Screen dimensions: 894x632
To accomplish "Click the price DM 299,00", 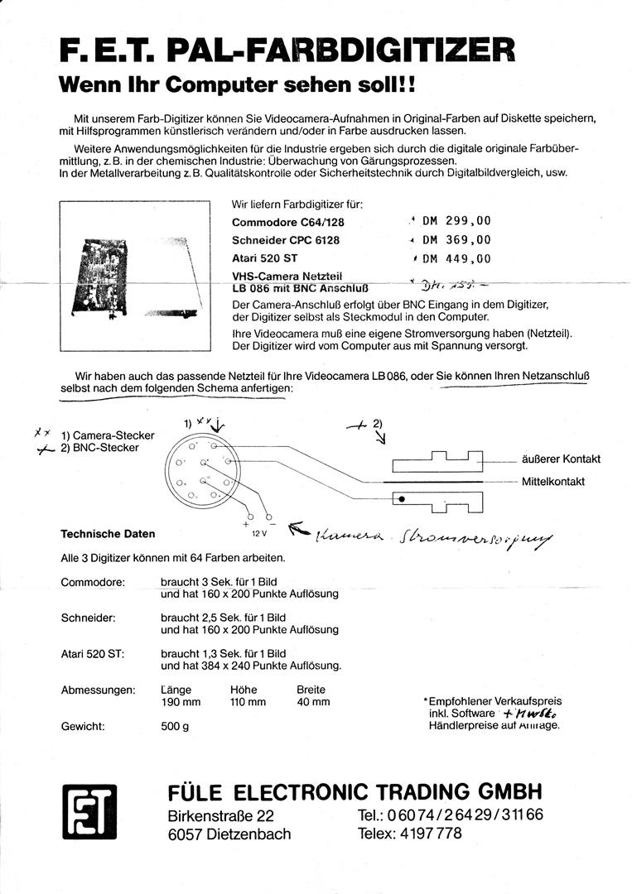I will pyautogui.click(x=456, y=221).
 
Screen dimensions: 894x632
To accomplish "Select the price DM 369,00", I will pyautogui.click(x=456, y=240).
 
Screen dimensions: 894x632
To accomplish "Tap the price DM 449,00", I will pyautogui.click(x=456, y=258).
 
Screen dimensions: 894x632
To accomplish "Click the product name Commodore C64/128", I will pyautogui.click(x=287, y=223).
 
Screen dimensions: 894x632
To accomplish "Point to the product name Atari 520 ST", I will pyautogui.click(x=264, y=258).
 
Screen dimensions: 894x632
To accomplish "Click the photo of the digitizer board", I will pyautogui.click(x=133, y=277).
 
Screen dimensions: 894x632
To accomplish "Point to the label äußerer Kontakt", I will pyautogui.click(x=561, y=459).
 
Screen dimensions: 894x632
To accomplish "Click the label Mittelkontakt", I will pyautogui.click(x=553, y=481).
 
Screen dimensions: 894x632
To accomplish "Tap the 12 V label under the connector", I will pyautogui.click(x=258, y=535).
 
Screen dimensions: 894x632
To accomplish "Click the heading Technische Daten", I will pyautogui.click(x=108, y=534).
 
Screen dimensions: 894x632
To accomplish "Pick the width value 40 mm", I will pyautogui.click(x=313, y=702).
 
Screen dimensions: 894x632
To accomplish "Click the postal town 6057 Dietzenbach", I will pyautogui.click(x=229, y=834).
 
